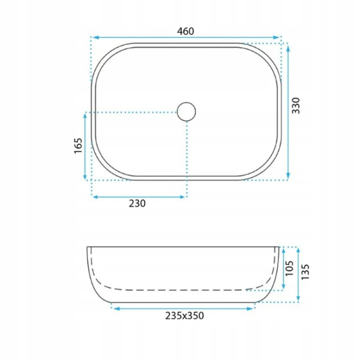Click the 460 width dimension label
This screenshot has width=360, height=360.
(x=185, y=31)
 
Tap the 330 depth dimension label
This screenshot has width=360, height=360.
(x=296, y=106)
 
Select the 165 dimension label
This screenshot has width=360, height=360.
(x=78, y=146)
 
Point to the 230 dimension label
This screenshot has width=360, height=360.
(x=137, y=203)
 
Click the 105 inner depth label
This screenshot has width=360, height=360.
(x=289, y=268)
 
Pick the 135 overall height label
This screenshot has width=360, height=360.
(x=305, y=272)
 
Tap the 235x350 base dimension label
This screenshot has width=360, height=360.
(x=184, y=316)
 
